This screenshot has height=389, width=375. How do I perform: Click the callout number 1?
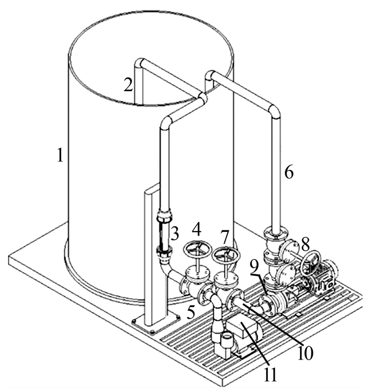60,155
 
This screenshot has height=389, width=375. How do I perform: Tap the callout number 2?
129,85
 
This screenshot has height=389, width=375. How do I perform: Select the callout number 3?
175,234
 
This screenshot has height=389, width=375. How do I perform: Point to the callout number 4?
197,230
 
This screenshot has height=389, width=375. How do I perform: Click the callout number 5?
191,312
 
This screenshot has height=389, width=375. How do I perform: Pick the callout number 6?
289,172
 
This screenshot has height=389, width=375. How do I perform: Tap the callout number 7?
224,238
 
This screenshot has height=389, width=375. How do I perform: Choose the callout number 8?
305,244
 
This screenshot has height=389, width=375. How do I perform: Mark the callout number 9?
254,267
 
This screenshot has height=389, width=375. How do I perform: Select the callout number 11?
270,375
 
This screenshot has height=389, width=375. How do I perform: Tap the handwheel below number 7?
226,255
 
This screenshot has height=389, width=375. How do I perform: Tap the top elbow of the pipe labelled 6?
275,111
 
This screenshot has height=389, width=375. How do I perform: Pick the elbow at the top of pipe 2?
140,63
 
